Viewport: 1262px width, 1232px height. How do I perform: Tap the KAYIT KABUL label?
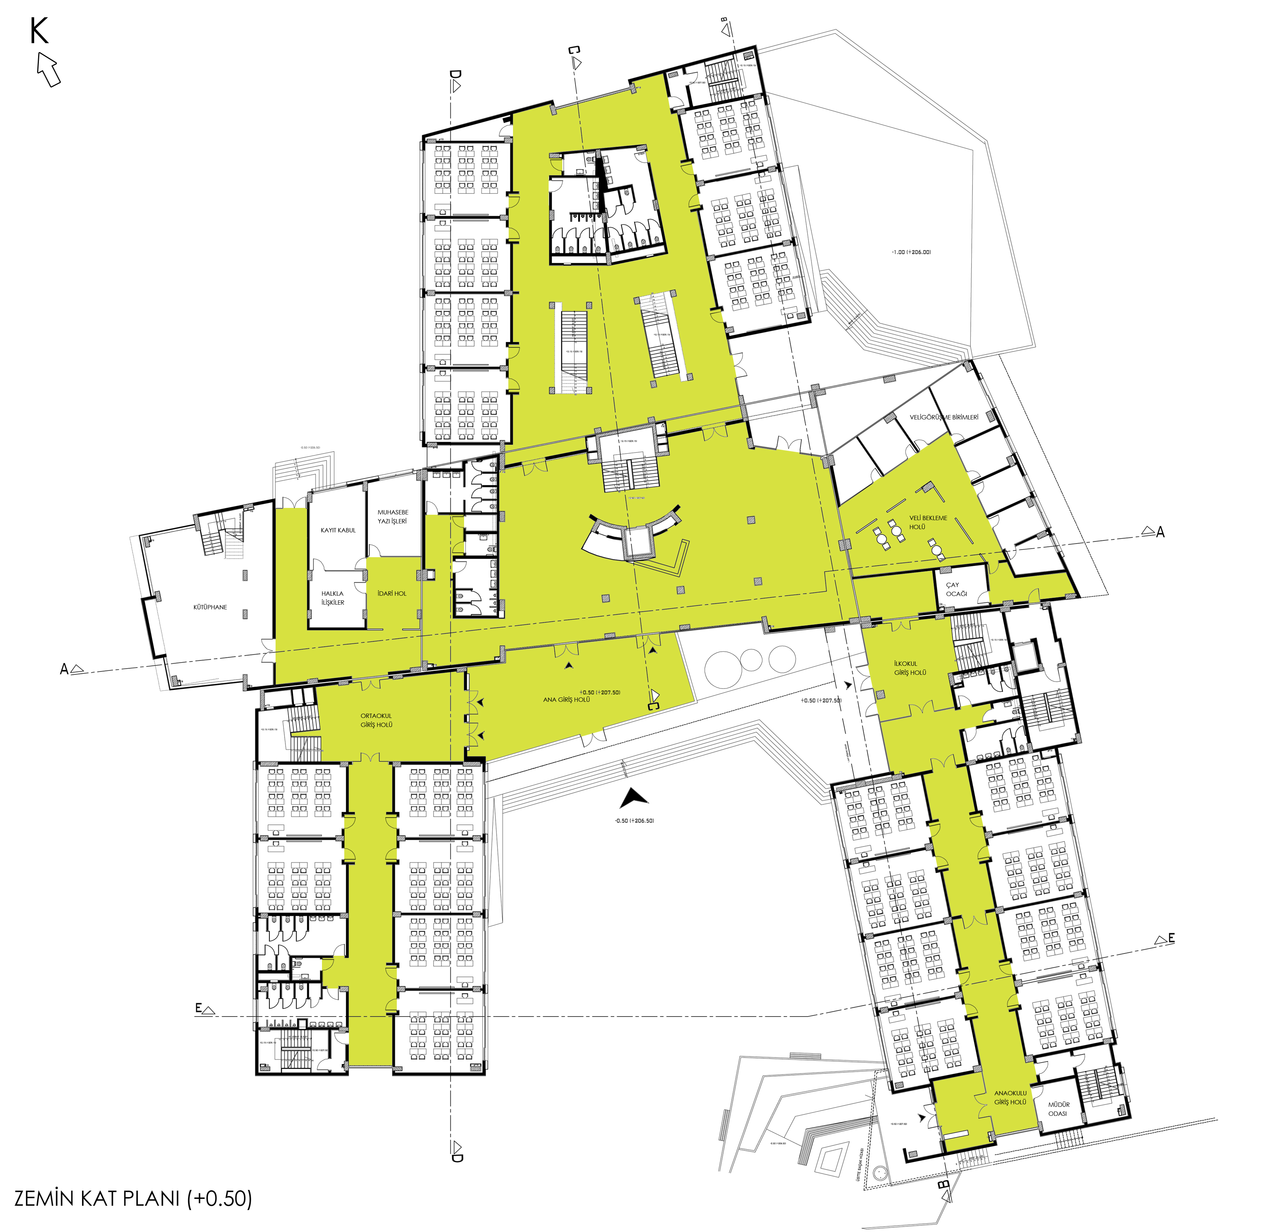[338, 530]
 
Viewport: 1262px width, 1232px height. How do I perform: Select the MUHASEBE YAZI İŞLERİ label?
[393, 516]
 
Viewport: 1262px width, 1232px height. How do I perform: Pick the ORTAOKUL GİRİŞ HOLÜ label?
[376, 720]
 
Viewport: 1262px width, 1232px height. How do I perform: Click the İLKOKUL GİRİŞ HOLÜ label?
[909, 668]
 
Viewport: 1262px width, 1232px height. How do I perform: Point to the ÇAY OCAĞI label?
[956, 589]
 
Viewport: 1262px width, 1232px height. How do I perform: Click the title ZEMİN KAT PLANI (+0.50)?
[133, 1198]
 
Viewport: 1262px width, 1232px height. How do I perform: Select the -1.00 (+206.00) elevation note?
[911, 252]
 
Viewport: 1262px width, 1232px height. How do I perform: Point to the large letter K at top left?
[39, 31]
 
